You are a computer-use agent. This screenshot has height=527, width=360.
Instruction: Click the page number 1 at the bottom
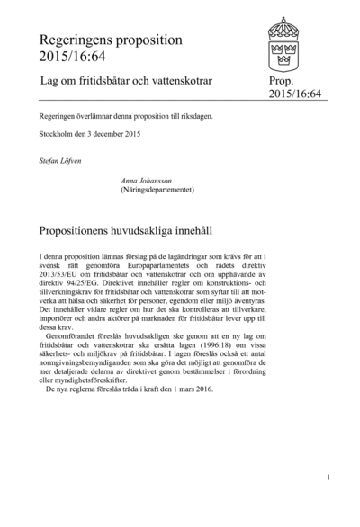click(328, 478)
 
